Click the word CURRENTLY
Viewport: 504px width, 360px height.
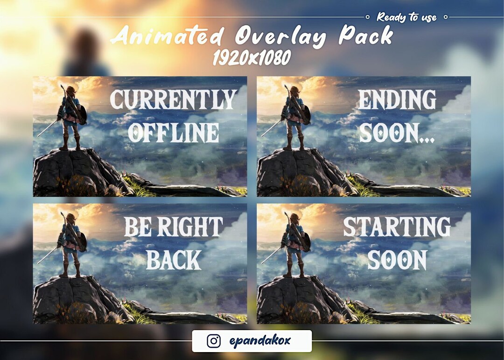coord(173,99)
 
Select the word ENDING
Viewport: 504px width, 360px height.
coord(397,99)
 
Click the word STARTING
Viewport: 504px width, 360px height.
coord(397,227)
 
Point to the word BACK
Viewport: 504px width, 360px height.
coord(174,260)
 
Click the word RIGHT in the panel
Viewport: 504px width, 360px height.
coord(190,227)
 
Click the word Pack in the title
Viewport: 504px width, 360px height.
coord(366,35)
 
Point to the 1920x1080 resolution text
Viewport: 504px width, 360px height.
coord(252,58)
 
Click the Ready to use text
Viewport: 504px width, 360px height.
coord(406,17)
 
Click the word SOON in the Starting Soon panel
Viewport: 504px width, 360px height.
coord(397,260)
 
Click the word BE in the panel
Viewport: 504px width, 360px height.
coord(138,227)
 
